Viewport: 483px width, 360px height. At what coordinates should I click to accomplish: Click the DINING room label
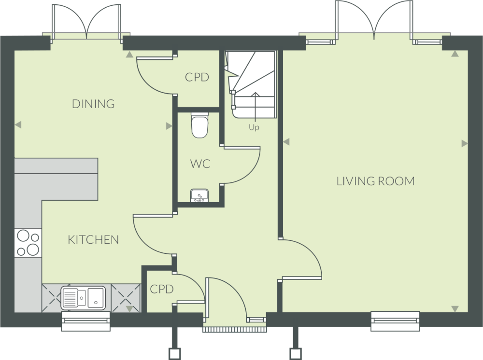coord(93,104)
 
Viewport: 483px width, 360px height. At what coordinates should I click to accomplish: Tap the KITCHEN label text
coord(93,240)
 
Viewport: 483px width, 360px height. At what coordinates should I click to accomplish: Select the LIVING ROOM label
coord(375,181)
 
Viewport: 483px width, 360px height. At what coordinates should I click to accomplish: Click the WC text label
coord(200,164)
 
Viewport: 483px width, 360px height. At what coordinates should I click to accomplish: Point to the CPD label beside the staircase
coord(197,77)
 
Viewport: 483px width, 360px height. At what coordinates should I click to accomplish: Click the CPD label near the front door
coord(162,289)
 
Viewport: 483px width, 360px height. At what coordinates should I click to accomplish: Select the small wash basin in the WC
coord(199,196)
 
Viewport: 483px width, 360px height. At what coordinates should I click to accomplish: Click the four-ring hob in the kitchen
coord(28,243)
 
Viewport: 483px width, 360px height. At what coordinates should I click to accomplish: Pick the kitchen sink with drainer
coord(83,297)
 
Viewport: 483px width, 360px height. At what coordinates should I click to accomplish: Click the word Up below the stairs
coord(254,128)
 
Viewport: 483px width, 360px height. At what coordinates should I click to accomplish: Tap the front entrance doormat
coord(235,330)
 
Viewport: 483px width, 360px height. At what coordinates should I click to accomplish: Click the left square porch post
coord(174,354)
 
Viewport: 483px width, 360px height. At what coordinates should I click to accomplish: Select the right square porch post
coord(295,354)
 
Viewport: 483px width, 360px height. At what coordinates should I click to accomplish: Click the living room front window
coord(395,321)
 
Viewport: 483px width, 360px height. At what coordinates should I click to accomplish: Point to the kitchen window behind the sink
coord(86,321)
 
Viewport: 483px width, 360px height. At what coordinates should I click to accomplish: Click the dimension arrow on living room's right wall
coord(465,143)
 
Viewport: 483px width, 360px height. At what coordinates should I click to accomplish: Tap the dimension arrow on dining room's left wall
coord(18,125)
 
